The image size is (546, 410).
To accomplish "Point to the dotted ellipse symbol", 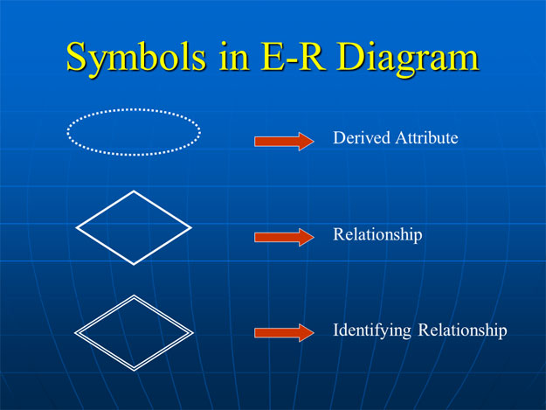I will click(134, 132).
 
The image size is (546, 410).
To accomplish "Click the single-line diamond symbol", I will click(134, 227).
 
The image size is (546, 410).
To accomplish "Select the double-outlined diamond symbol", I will click(134, 332).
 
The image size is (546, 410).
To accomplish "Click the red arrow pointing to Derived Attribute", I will click(283, 142).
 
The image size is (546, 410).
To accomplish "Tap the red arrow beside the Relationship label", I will click(283, 237).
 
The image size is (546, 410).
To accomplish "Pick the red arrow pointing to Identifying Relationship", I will click(283, 332).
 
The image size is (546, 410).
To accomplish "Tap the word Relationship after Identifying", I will click(462, 331).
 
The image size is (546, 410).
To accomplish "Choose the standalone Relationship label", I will click(377, 235).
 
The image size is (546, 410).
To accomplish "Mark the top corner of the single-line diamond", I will click(134, 191).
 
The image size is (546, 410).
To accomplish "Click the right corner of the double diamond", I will click(192, 332).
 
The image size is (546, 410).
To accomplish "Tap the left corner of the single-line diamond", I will click(77, 228).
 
